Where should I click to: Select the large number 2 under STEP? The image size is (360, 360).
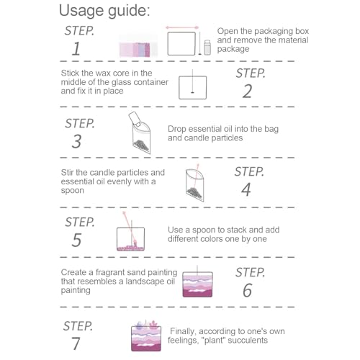247,91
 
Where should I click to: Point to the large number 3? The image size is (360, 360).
76,141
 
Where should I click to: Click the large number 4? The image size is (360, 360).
246,190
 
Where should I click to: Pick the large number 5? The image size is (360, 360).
76,240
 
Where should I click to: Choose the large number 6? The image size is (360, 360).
247,290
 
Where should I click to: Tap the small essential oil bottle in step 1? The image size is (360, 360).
206,48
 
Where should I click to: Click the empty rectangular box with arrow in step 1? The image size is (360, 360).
182,42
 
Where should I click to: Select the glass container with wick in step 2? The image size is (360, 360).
192,87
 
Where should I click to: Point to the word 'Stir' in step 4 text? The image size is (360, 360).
69,172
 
